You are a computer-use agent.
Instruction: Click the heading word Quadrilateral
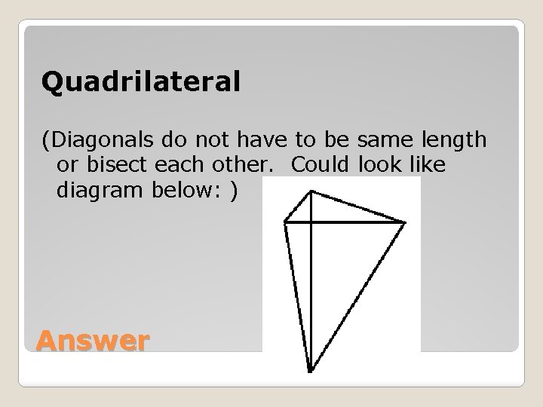[141, 82]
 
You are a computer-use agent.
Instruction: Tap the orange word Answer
[92, 341]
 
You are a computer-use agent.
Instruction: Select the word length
[452, 139]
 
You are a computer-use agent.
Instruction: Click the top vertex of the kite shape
[311, 191]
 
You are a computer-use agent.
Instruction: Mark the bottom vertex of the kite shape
[310, 371]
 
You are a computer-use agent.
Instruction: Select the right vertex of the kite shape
[405, 222]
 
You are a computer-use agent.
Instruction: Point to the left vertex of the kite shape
[284, 222]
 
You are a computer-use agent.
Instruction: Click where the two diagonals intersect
[311, 222]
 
